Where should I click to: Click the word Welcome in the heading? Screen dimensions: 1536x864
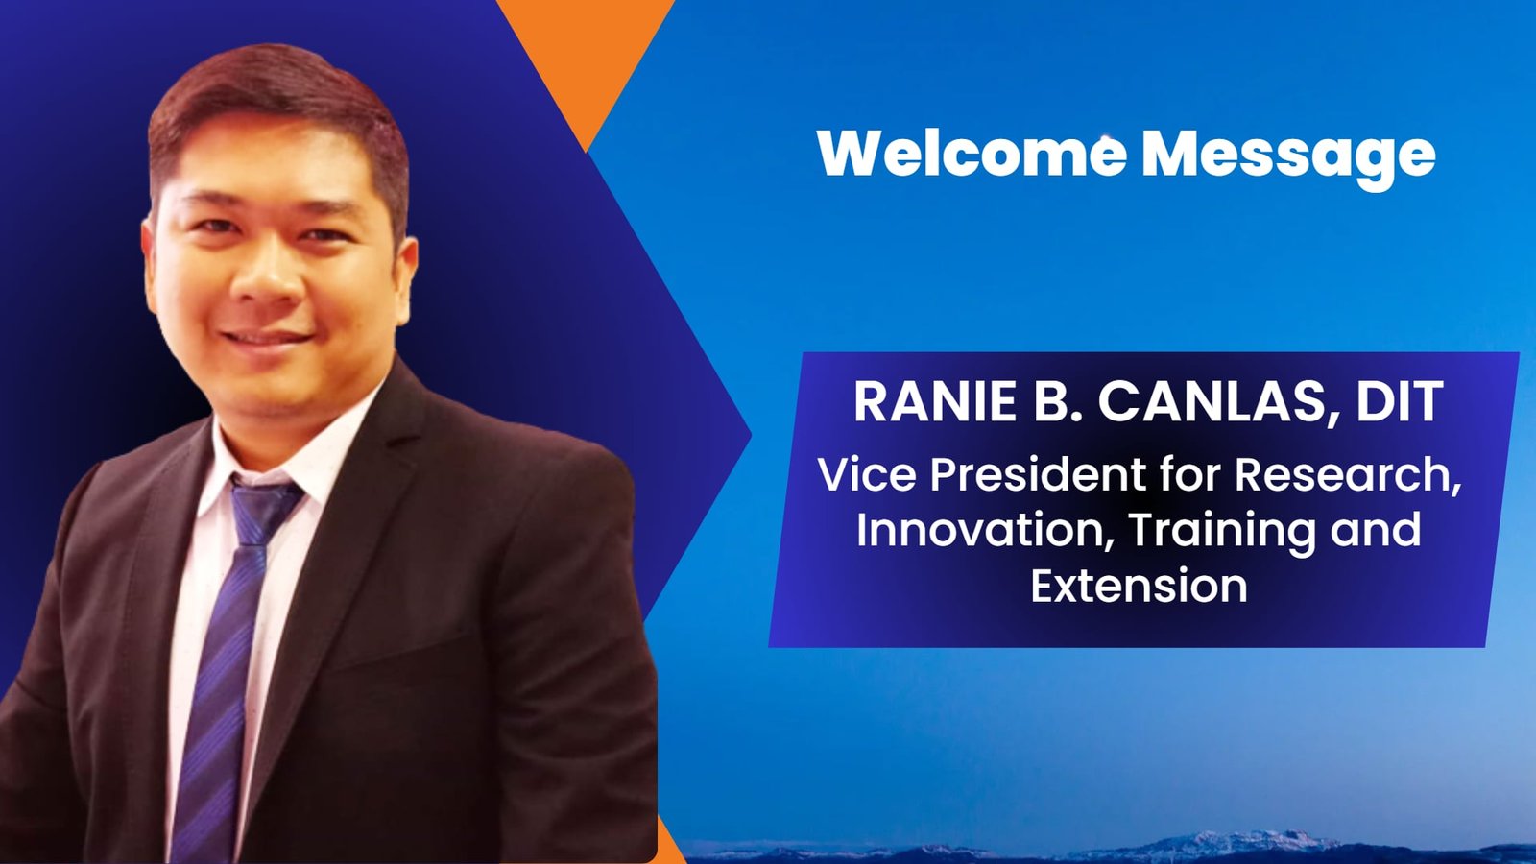pyautogui.click(x=972, y=154)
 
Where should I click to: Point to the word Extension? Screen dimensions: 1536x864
pyautogui.click(x=1139, y=586)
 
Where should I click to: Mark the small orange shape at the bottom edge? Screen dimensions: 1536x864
pyautogui.click(x=669, y=845)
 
